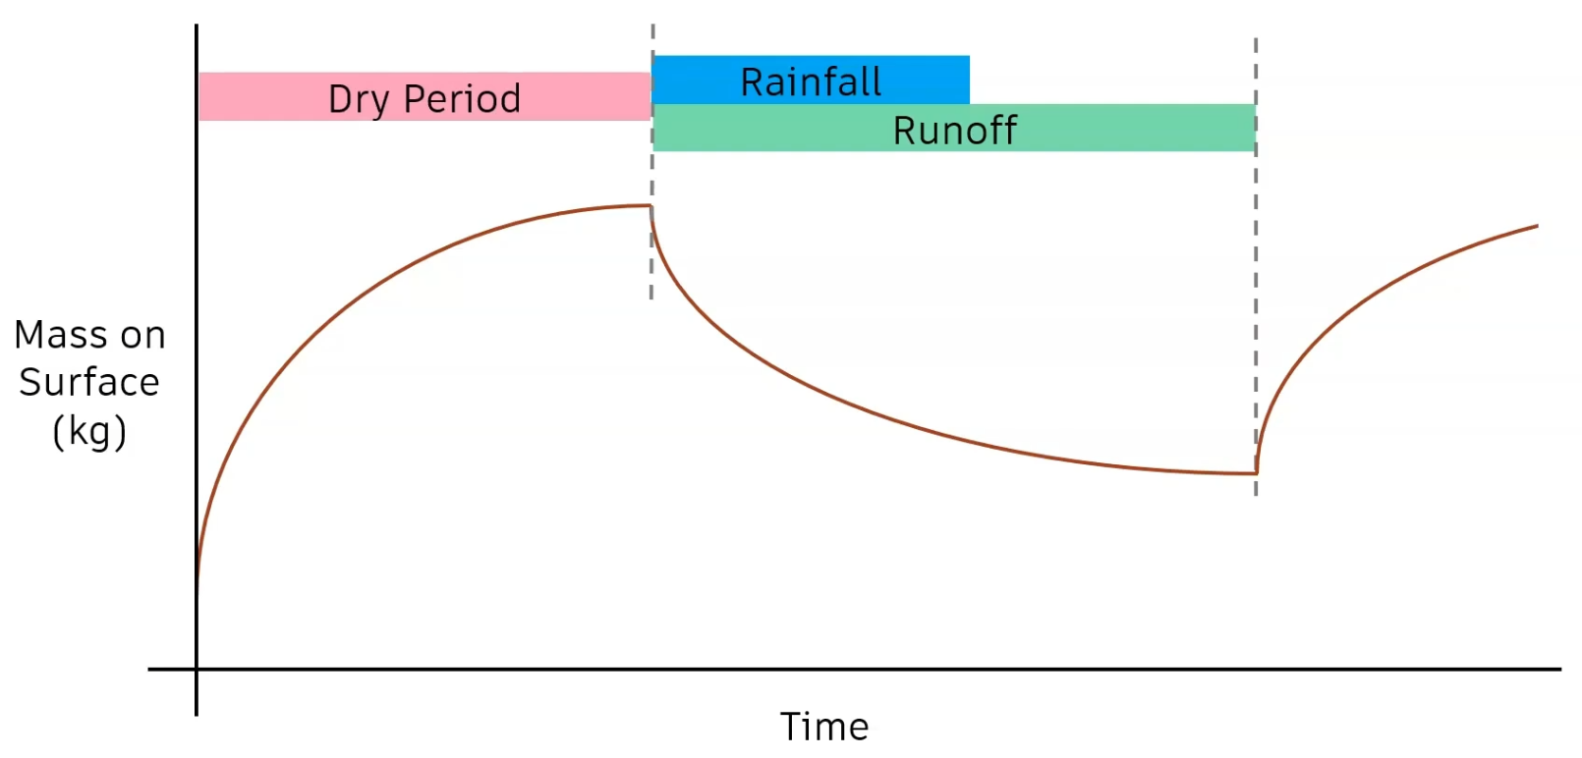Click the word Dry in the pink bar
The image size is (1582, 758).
click(358, 99)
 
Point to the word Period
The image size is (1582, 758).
click(462, 98)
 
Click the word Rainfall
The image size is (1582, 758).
click(811, 81)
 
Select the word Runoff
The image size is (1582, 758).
click(954, 130)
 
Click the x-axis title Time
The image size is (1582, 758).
click(824, 727)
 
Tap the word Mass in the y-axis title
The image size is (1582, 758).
click(54, 335)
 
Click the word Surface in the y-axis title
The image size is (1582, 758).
click(88, 382)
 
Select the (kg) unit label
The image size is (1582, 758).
click(88, 431)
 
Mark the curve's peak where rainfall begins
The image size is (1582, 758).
click(650, 206)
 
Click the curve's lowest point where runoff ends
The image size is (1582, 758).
click(1255, 473)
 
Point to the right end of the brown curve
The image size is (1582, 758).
click(1536, 227)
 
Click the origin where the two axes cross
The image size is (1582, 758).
click(197, 670)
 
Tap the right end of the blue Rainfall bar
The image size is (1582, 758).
click(967, 80)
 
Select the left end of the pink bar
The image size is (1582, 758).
click(202, 96)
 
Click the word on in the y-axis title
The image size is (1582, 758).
click(142, 335)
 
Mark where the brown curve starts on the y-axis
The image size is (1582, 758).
click(198, 589)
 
